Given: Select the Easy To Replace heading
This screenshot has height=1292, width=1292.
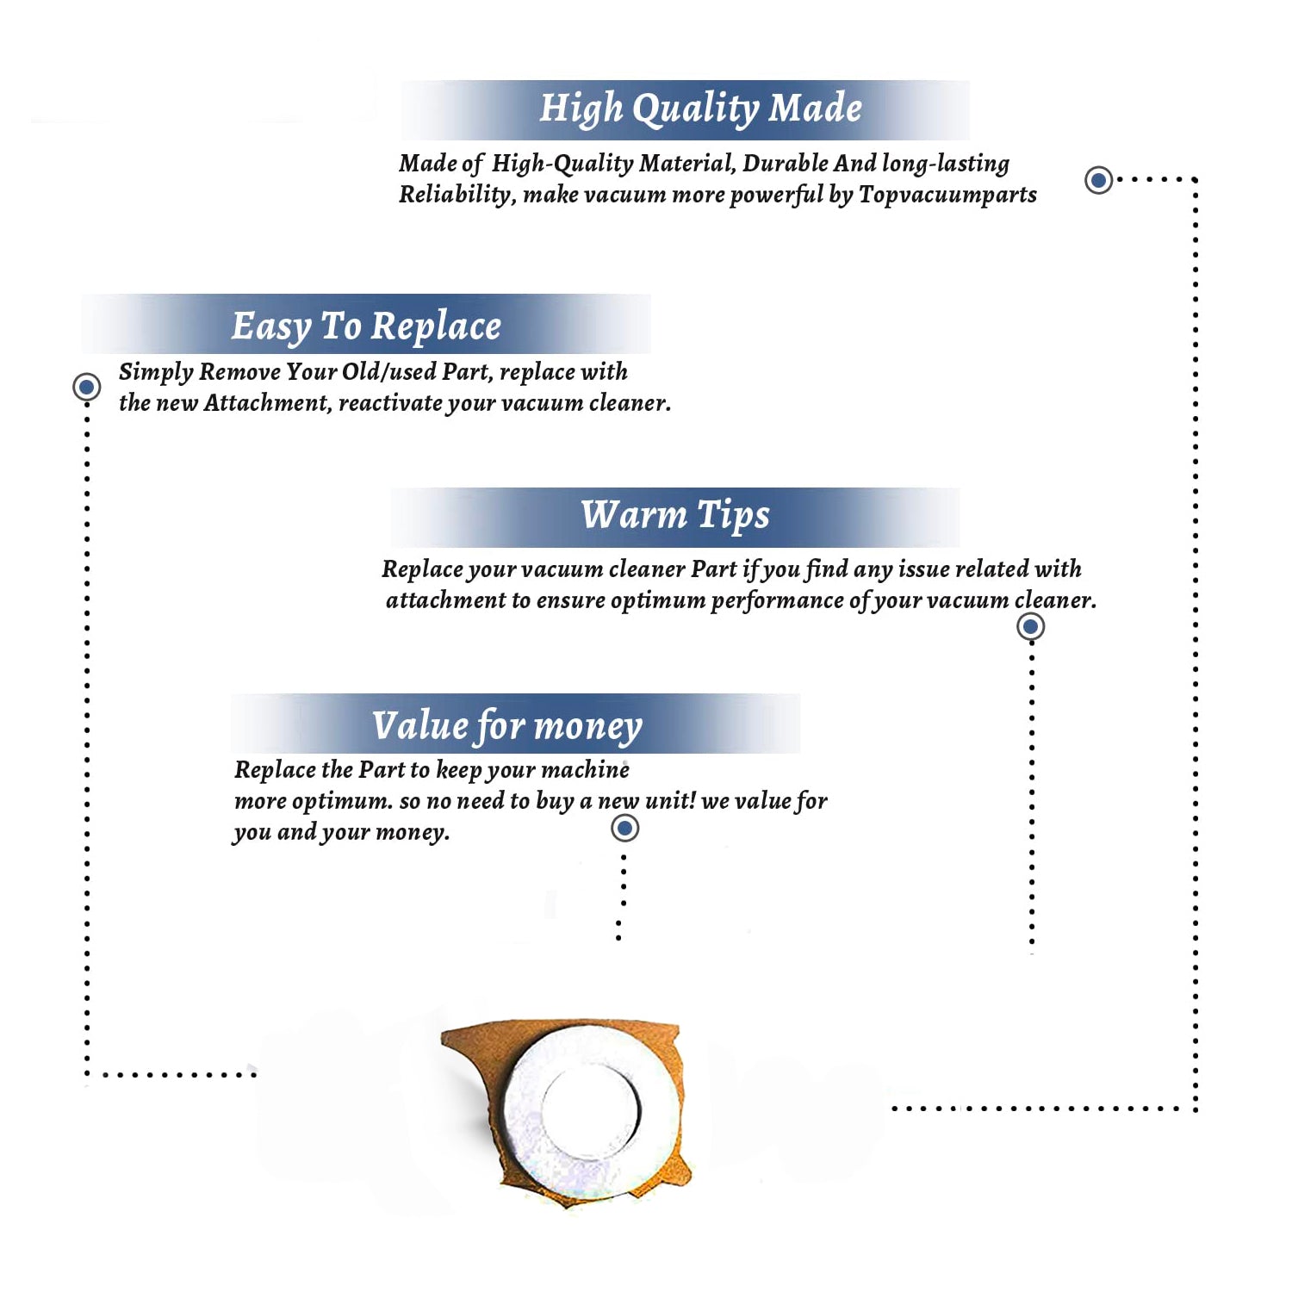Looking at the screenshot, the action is point(366,326).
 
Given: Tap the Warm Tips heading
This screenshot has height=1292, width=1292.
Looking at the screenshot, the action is point(675,515).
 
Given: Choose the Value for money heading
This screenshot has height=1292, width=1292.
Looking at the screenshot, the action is point(507,726).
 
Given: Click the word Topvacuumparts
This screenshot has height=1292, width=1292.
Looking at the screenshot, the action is point(947,196).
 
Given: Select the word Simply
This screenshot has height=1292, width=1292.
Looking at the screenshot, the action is point(156,372).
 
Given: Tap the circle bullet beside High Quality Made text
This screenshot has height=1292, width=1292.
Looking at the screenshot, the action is point(1098,180).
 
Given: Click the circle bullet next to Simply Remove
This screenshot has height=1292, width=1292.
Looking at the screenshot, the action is point(86,387).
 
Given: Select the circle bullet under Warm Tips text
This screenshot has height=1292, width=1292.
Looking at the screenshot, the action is point(1030,626).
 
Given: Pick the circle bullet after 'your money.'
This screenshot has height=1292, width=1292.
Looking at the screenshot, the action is point(624,828).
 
